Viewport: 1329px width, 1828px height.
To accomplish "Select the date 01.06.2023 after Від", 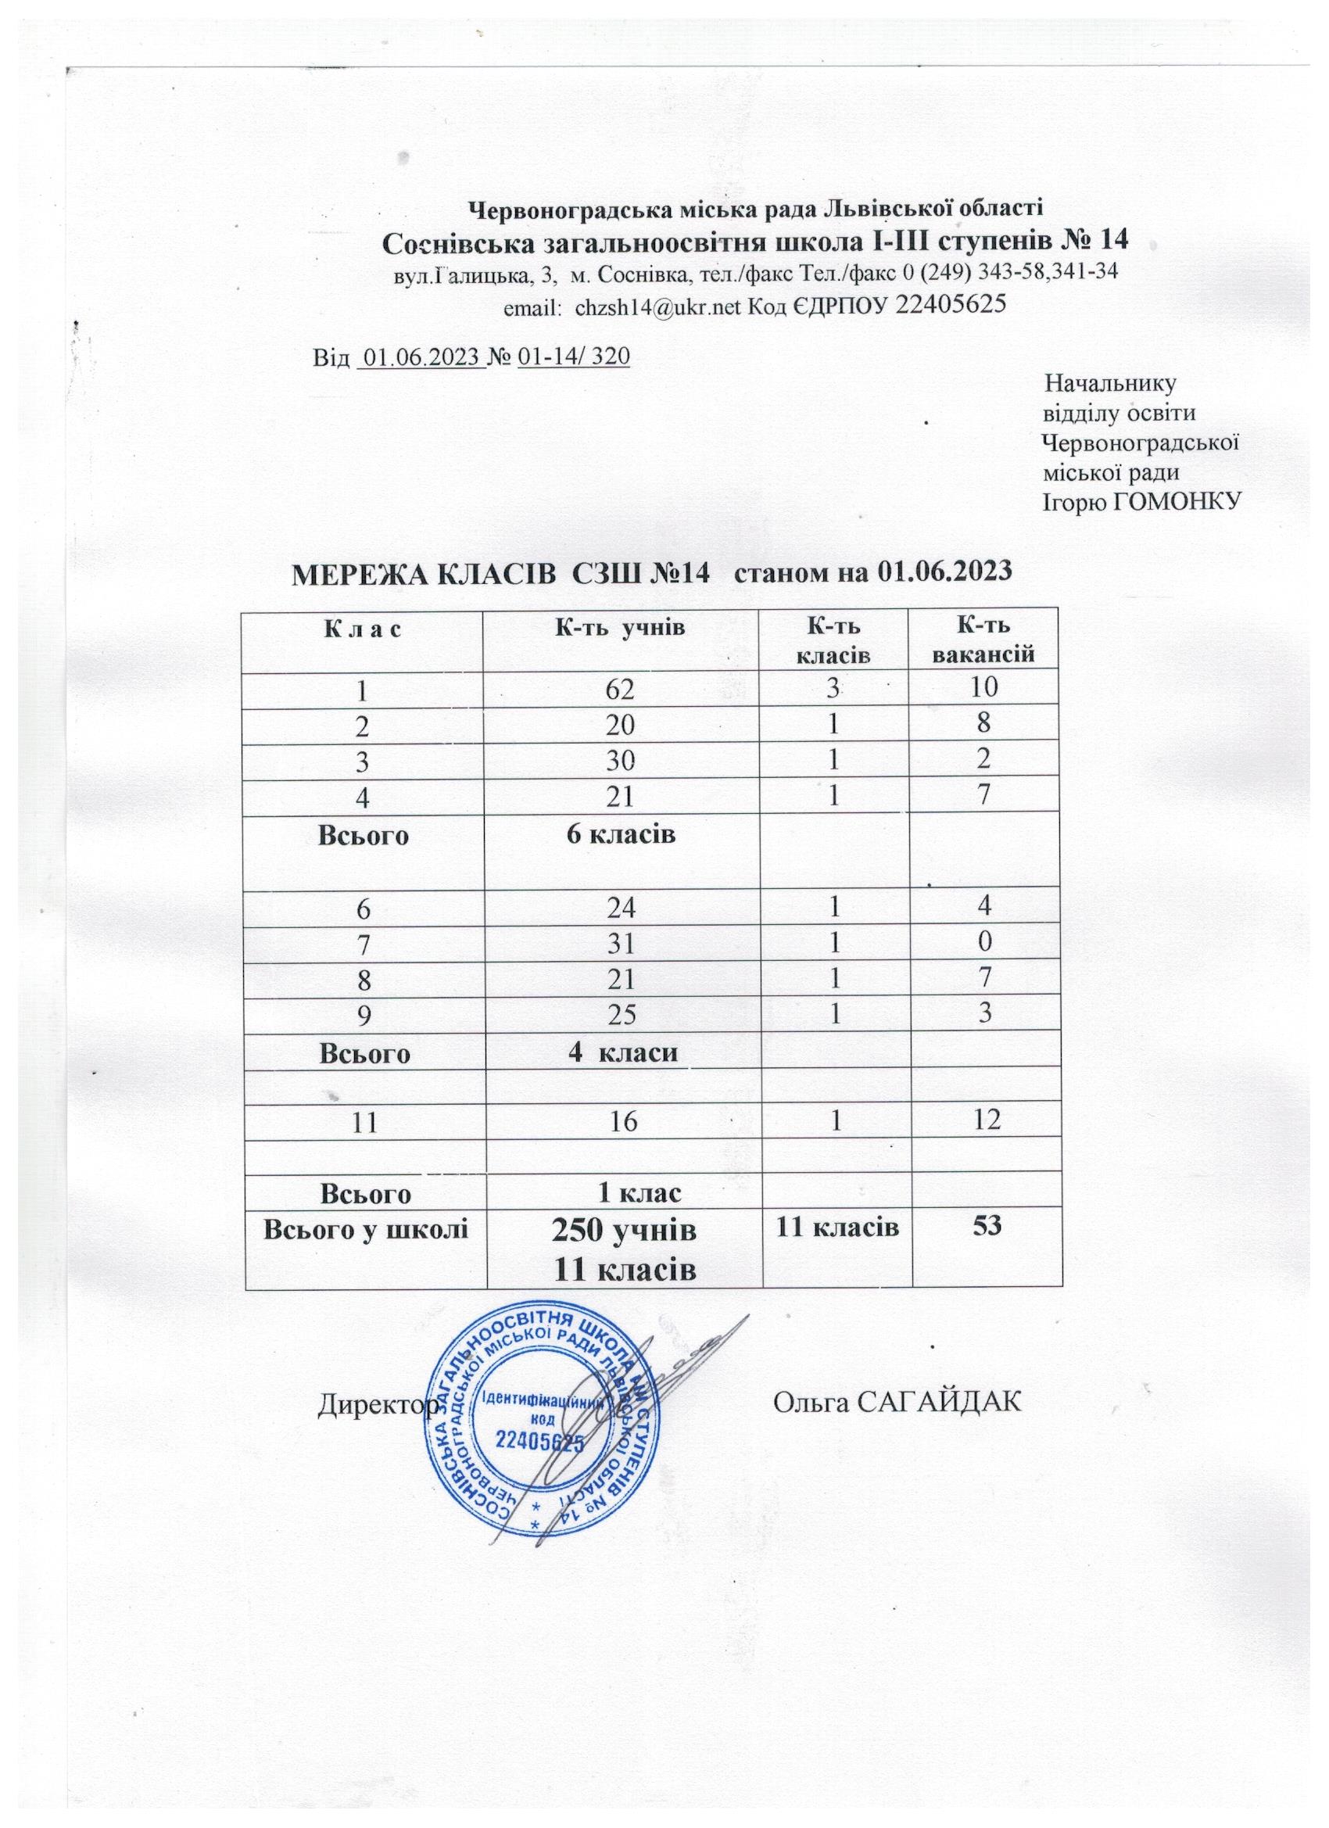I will tap(419, 357).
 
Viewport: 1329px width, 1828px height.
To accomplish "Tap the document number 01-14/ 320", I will tap(573, 357).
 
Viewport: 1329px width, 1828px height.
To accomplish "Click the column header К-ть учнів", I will tap(622, 628).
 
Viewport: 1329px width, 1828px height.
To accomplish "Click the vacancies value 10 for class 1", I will tap(983, 687).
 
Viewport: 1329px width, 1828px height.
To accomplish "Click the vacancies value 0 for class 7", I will tap(984, 941).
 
